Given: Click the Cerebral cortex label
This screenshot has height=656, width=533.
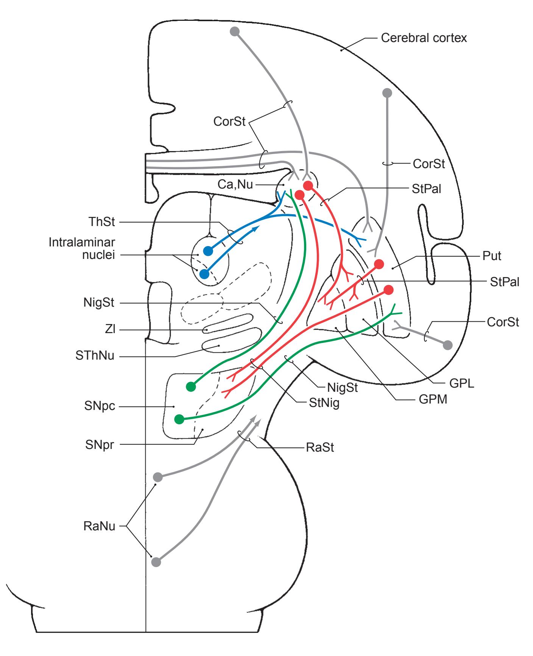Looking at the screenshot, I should point(424,38).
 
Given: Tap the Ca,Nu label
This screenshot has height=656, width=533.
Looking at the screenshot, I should point(235,184).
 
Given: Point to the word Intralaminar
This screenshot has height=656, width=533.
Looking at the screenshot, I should point(82,242).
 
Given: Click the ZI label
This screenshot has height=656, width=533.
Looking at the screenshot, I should point(110,330).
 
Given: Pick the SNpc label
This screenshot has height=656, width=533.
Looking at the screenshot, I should point(100,407).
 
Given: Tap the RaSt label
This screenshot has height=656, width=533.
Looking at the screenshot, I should point(320,447).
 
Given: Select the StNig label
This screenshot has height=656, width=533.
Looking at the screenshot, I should point(324,403).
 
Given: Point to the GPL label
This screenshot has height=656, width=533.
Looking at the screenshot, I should point(462,384).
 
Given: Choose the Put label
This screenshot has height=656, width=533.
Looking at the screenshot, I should point(492,256).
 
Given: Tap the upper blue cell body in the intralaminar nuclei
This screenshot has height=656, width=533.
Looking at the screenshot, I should point(208,251).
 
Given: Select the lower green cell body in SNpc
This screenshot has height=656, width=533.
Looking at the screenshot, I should point(179,419).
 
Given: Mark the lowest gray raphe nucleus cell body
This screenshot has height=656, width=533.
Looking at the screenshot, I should point(156,562).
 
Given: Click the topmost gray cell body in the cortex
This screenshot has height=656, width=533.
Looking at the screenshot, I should point(235,31).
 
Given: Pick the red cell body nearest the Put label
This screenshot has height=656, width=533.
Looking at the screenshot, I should point(379,264).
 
